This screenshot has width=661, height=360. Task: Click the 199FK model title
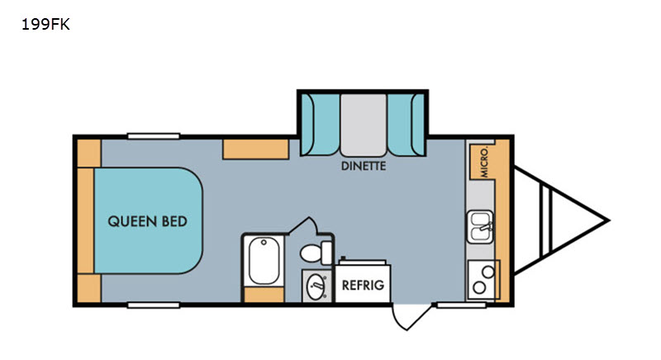click(x=45, y=25)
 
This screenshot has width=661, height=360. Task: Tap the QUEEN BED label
click(x=148, y=221)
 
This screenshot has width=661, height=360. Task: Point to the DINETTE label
click(x=364, y=166)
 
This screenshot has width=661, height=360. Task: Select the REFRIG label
click(x=363, y=286)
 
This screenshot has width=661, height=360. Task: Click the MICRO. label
click(x=484, y=163)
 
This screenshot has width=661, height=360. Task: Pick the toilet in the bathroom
click(x=316, y=253)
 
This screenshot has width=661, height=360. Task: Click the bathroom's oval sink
click(x=316, y=287)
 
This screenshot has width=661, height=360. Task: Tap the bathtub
click(x=264, y=260)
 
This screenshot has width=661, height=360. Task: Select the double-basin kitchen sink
click(x=480, y=226)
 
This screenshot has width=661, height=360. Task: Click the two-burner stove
click(x=483, y=280)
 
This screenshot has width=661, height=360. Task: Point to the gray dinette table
click(x=364, y=125)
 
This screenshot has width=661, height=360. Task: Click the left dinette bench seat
click(x=321, y=125)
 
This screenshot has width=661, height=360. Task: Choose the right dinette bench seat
click(x=407, y=125)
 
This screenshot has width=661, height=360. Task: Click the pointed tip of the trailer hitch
click(x=609, y=220)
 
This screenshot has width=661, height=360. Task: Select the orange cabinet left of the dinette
click(x=256, y=149)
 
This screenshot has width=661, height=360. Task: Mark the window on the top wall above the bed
click(x=154, y=136)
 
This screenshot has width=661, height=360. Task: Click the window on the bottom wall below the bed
click(x=154, y=305)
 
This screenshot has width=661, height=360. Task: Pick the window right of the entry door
click(x=461, y=305)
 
